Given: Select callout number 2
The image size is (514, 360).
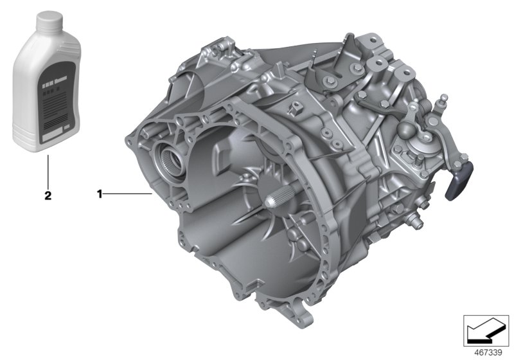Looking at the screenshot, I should (x=47, y=195).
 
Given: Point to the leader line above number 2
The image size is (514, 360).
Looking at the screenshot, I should (x=47, y=170).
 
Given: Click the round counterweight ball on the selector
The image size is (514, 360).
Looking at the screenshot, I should (x=425, y=128).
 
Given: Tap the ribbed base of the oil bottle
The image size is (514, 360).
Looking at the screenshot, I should (x=48, y=143).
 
